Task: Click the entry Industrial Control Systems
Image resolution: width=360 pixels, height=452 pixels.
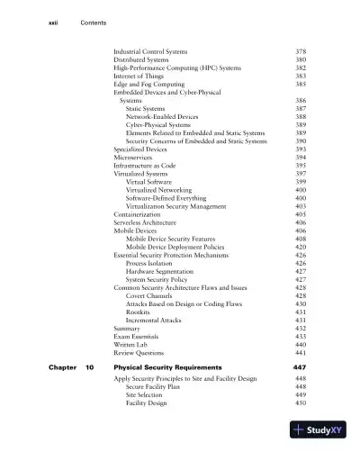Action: click(x=151, y=52)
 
